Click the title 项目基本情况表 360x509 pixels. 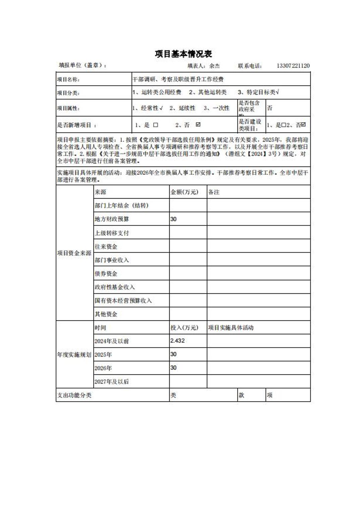(183, 54)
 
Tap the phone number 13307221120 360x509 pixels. (293, 66)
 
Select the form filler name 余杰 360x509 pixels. (215, 66)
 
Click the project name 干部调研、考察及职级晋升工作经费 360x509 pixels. (178, 79)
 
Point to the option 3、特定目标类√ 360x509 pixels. (258, 92)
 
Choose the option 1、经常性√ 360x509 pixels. (147, 108)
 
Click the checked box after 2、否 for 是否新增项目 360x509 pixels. (198, 125)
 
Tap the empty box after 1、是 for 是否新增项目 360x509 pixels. (156, 125)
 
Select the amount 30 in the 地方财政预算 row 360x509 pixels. (173, 219)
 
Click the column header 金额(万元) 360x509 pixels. (184, 192)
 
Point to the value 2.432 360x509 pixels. (177, 341)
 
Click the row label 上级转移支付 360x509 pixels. (112, 233)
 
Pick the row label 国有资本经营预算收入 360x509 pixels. (123, 301)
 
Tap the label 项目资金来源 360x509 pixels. (74, 253)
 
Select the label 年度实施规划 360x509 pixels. (74, 355)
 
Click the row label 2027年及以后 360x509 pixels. (112, 381)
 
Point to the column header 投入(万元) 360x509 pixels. (184, 328)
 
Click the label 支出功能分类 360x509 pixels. (74, 395)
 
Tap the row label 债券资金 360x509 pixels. (106, 274)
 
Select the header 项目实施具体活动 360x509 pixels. (231, 328)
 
